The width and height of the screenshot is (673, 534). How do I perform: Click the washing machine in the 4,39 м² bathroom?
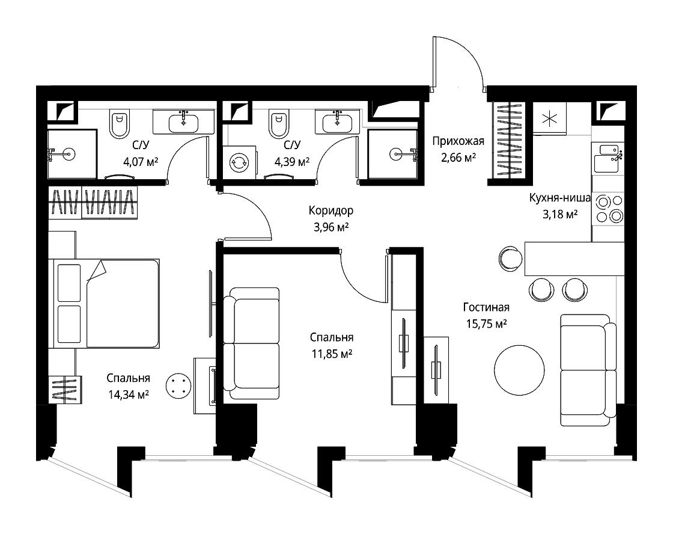(x=239, y=162)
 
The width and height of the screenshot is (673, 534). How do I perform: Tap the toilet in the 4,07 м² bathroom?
(x=119, y=124)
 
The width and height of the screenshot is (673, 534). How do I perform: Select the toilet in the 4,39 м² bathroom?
(x=278, y=123)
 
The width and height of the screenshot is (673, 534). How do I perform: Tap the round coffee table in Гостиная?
(x=519, y=370)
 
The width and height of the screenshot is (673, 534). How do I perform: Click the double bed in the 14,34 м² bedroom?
(x=104, y=303)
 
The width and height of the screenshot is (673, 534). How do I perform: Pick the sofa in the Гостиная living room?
(x=588, y=370)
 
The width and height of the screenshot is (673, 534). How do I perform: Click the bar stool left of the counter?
(x=511, y=259)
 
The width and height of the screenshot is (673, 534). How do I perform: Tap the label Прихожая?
(x=458, y=141)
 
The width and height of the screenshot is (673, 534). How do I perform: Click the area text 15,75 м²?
(x=486, y=324)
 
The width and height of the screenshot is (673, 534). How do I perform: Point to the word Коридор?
(x=331, y=210)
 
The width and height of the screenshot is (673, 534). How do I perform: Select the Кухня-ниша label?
(x=559, y=198)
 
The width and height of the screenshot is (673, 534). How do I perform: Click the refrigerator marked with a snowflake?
(x=549, y=118)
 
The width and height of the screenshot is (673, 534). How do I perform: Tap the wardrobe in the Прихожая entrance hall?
(x=508, y=140)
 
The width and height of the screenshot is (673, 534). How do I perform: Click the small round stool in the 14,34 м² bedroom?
(x=178, y=385)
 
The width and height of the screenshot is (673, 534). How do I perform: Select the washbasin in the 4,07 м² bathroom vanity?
(x=184, y=122)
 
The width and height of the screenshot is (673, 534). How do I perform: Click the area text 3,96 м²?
(x=330, y=227)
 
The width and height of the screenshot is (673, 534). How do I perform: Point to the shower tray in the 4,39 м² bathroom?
(x=393, y=154)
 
